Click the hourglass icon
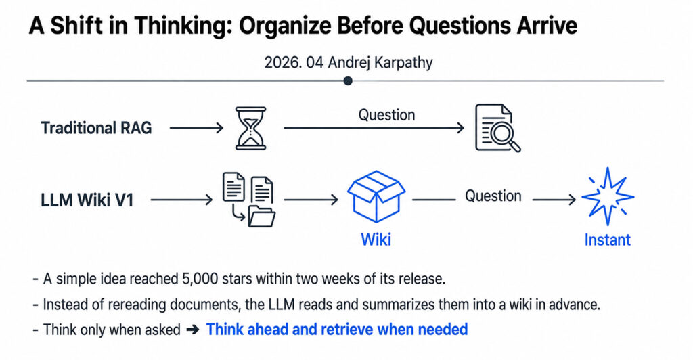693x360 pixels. coord(250,128)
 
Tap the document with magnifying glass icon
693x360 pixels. coord(497,128)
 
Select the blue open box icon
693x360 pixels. coord(376,196)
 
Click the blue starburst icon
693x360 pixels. coord(608,196)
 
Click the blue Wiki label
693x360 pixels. coord(376,240)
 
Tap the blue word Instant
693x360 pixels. coord(607,240)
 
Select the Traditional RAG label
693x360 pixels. coord(96,128)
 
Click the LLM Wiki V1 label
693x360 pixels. coord(87,200)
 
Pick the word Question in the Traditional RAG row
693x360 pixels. coord(386,115)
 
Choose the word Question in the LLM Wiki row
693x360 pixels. coord(493,196)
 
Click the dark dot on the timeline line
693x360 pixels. coord(348,81)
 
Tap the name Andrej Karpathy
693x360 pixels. coord(380,62)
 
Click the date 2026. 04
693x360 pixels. coord(294,62)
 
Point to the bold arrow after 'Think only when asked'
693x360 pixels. coord(193,330)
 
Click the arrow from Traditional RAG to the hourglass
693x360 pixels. coord(196,128)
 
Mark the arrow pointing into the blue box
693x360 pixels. coord(311,200)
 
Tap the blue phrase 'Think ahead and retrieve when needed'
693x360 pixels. coord(337,330)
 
